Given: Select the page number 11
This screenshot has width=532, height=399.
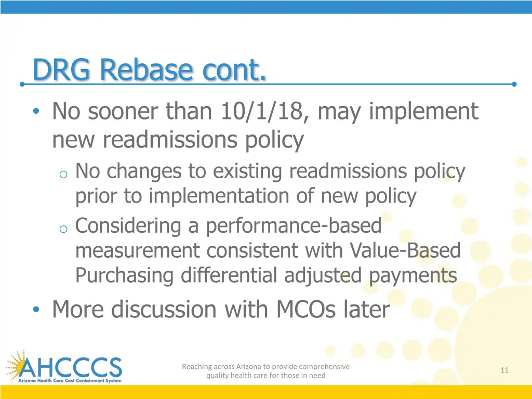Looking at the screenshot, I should [x=504, y=370].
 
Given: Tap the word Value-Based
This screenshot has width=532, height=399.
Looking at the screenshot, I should [x=405, y=251].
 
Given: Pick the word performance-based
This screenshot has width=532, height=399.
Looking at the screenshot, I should [x=294, y=226].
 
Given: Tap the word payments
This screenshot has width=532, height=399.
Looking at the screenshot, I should [x=413, y=275].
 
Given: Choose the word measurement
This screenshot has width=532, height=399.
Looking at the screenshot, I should [x=138, y=251].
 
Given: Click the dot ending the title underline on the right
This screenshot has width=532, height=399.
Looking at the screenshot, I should [x=514, y=84].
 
